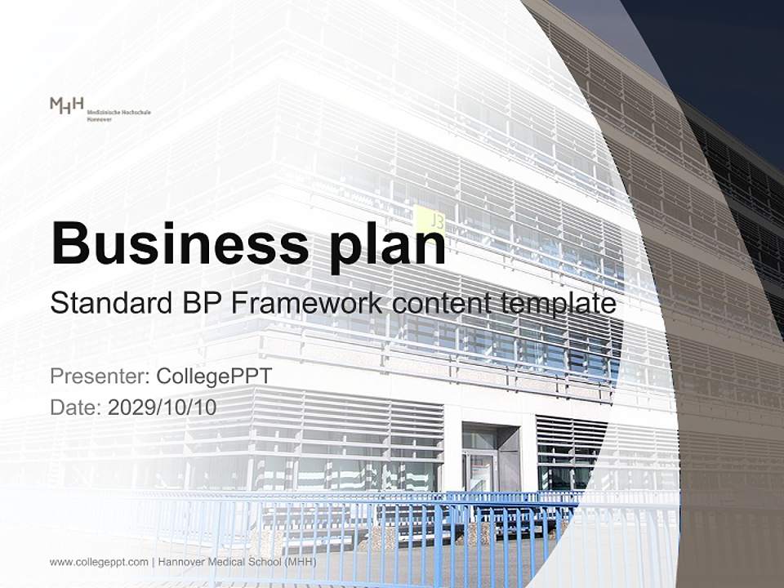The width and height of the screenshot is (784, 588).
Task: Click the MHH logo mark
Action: [x=66, y=105]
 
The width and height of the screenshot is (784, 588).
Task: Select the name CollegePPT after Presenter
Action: [x=214, y=376]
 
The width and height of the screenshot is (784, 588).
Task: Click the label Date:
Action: [x=76, y=408]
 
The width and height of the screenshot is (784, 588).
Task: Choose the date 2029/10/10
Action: [x=163, y=408]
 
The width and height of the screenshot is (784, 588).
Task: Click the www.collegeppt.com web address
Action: [x=99, y=562]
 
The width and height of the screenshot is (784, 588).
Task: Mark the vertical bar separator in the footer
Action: [x=154, y=562]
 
